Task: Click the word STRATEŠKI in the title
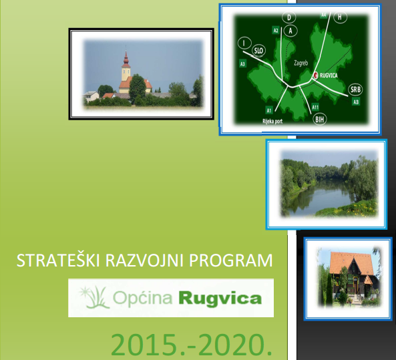(58, 260)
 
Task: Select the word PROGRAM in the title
(231, 260)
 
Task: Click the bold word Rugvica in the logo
(220, 299)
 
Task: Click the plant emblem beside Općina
(94, 297)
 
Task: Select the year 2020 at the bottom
(234, 345)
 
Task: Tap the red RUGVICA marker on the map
(316, 75)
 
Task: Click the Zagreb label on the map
(301, 63)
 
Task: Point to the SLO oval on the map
(258, 51)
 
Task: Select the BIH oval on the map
(320, 119)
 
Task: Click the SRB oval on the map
(355, 89)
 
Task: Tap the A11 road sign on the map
(315, 107)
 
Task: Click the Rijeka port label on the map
(272, 122)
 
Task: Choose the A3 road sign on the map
(242, 63)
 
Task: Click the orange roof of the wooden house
(351, 263)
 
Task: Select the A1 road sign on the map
(268, 110)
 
